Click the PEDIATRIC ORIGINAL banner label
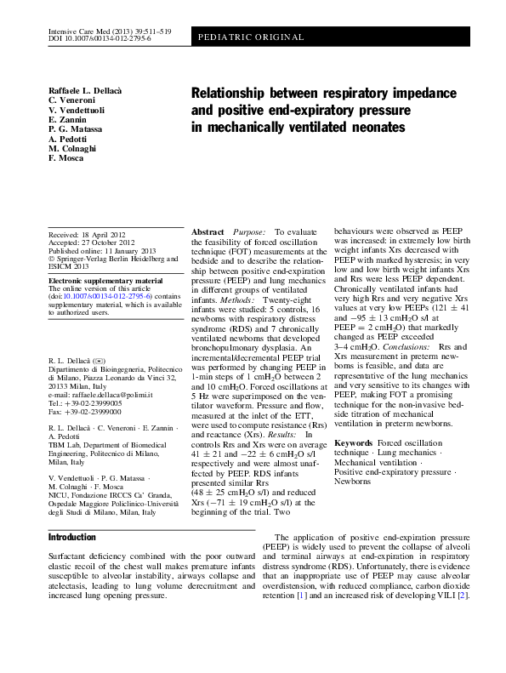[x=253, y=37]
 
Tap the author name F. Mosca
[x=65, y=158]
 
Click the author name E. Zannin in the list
[x=67, y=120]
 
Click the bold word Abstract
[x=208, y=232]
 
